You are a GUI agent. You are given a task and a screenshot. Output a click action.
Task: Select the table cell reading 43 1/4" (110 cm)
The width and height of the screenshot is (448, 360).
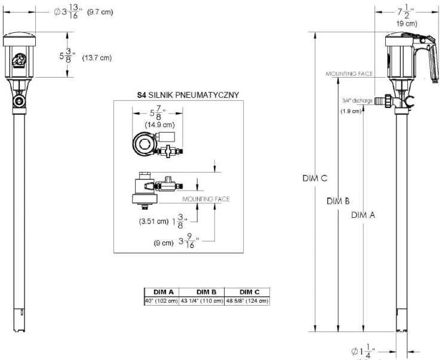(202, 300)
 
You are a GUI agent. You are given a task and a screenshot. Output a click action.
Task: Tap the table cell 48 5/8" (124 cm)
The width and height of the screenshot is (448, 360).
(247, 300)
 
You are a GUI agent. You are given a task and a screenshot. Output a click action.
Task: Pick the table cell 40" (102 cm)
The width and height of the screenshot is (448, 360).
(159, 300)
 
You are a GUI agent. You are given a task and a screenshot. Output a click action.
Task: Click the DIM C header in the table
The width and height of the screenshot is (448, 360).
(247, 292)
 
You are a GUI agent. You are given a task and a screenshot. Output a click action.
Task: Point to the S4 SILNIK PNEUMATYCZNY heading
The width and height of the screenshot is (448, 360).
(180, 94)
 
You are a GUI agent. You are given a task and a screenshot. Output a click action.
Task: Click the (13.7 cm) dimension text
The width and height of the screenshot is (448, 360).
(96, 57)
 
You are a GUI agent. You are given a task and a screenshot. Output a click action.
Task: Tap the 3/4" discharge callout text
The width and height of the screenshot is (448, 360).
(358, 101)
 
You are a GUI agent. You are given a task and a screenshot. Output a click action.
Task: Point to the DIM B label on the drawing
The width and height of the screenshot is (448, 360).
(338, 201)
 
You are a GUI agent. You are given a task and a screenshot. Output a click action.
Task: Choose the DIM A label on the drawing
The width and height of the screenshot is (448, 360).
(363, 215)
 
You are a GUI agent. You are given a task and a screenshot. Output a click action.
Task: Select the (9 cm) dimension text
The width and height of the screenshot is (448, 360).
(162, 242)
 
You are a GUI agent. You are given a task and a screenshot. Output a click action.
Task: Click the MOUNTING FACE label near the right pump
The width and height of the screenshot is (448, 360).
(349, 73)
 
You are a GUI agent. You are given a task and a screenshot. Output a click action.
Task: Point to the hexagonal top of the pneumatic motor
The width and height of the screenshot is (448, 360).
(144, 143)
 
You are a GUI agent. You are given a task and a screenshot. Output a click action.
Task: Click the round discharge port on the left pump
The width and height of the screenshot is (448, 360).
(21, 101)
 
